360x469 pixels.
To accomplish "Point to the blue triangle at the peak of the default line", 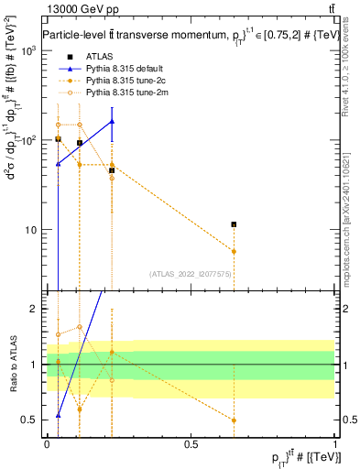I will coord(112,121).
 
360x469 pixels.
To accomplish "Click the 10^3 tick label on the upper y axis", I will coord(28,50).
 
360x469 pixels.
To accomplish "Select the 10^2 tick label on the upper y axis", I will coord(28,140).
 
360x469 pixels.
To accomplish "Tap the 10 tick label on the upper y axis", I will coord(32,230).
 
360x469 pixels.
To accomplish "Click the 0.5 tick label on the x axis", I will coord(191,443).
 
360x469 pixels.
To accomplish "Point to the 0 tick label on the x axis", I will coord(47,443).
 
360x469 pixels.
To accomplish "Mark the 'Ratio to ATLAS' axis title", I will coord(13,365).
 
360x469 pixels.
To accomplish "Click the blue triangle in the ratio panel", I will coord(58,415).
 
